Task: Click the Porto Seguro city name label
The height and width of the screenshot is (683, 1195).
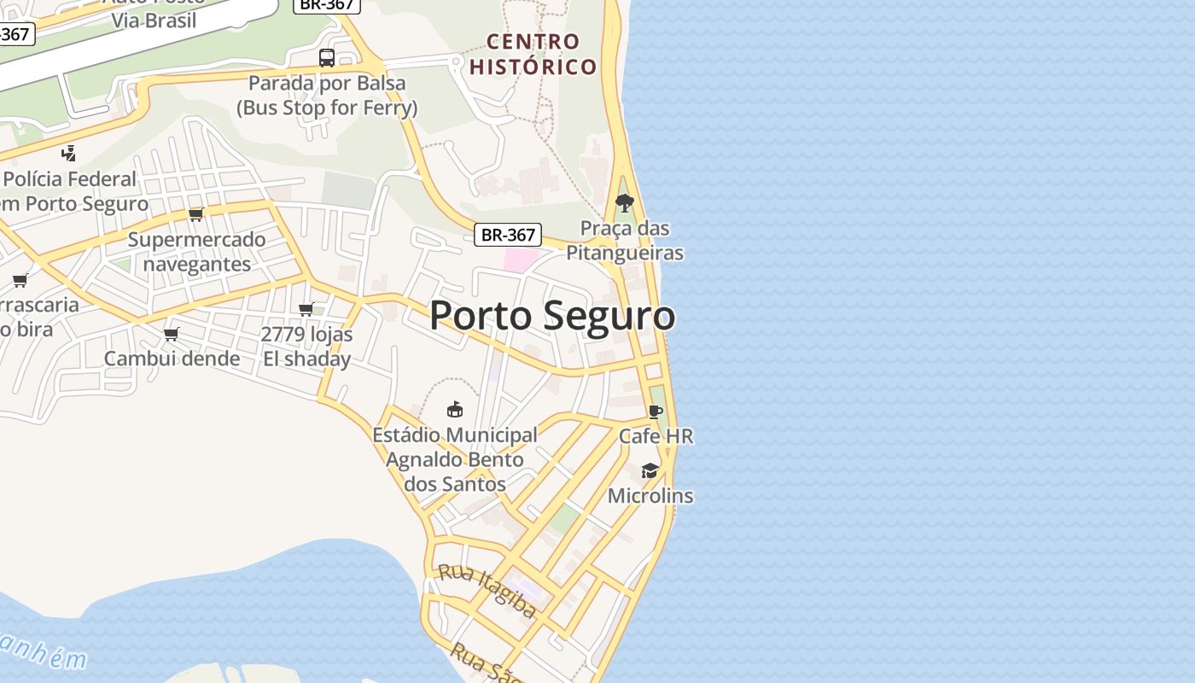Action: (x=552, y=316)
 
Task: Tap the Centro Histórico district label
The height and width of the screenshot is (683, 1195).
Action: (x=533, y=54)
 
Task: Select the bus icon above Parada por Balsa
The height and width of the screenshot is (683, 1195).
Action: (x=327, y=58)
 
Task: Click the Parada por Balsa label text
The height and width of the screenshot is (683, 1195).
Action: (x=327, y=96)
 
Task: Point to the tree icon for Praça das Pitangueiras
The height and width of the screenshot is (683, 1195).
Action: (x=625, y=203)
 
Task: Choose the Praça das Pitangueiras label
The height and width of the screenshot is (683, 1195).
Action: (x=625, y=241)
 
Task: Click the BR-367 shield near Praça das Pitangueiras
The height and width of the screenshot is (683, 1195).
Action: (x=508, y=235)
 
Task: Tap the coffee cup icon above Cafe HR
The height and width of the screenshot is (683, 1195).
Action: (x=655, y=412)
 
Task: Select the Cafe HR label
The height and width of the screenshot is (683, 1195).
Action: (x=656, y=436)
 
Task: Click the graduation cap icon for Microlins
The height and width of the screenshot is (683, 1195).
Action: (x=650, y=471)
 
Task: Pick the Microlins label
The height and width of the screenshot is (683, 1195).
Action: (x=650, y=496)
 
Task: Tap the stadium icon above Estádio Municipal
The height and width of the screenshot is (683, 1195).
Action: (x=455, y=410)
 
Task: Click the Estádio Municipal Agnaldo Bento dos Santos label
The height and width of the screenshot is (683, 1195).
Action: (x=455, y=459)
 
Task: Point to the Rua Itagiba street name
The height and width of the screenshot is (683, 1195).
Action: (x=487, y=591)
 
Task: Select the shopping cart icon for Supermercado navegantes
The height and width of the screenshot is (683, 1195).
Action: (x=196, y=214)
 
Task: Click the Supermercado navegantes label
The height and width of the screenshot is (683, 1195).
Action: (x=197, y=252)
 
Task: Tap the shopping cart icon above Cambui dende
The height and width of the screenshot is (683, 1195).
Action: (x=172, y=334)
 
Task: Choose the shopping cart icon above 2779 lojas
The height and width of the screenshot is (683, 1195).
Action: (x=306, y=309)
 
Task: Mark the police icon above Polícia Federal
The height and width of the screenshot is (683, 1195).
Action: (x=69, y=154)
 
